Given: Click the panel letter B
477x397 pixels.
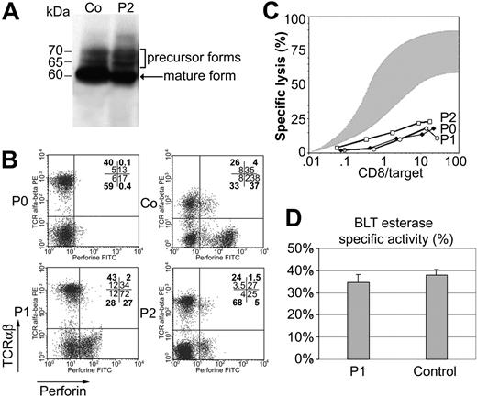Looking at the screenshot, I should click(13, 161).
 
